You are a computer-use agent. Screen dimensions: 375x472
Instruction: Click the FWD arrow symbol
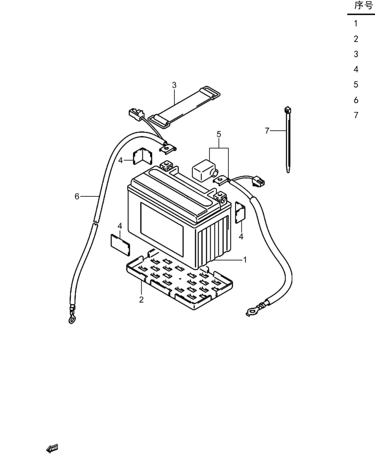(x=52, y=448)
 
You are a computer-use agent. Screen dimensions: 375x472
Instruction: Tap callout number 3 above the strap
(x=174, y=85)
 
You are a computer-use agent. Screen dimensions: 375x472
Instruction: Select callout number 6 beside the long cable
(x=77, y=196)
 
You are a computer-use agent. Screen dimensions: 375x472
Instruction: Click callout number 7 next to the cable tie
(x=267, y=131)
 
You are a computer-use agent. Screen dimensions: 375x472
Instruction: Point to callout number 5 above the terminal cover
(x=219, y=134)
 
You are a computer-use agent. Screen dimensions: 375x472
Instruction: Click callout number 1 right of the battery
(x=245, y=260)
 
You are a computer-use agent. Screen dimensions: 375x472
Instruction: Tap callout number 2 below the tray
(x=142, y=300)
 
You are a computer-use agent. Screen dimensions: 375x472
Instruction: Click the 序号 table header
(x=364, y=5)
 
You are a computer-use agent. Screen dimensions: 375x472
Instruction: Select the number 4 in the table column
(x=356, y=70)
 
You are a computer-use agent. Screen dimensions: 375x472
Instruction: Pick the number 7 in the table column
(x=356, y=115)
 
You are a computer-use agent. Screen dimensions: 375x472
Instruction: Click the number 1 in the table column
(x=356, y=24)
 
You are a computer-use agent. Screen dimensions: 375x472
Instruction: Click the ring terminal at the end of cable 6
(x=72, y=319)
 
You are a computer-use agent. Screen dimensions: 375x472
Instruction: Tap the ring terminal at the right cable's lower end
(x=251, y=312)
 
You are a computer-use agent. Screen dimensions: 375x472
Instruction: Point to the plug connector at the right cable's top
(x=259, y=181)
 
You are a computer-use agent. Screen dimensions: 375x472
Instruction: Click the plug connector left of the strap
(x=135, y=114)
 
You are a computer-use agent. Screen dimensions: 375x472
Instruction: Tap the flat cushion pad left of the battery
(x=121, y=244)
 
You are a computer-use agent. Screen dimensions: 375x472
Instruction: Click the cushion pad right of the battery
(x=240, y=212)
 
